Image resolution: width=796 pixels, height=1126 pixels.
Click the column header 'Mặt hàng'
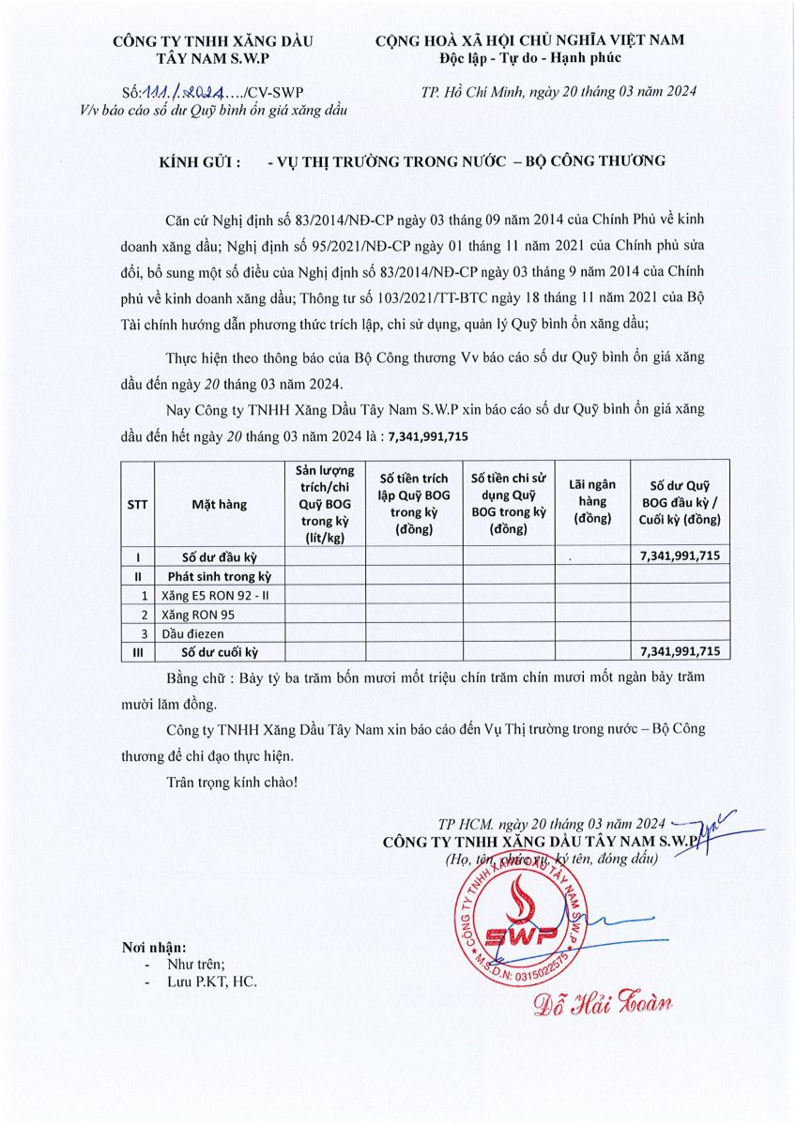pos(219,504)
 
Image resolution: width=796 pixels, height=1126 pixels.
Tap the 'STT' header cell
pos(137,504)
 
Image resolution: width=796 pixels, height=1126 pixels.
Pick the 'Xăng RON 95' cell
pos(198,615)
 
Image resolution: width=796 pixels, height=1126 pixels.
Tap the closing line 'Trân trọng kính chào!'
pos(231,781)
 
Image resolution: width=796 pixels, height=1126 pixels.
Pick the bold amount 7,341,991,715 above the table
pos(428,436)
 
